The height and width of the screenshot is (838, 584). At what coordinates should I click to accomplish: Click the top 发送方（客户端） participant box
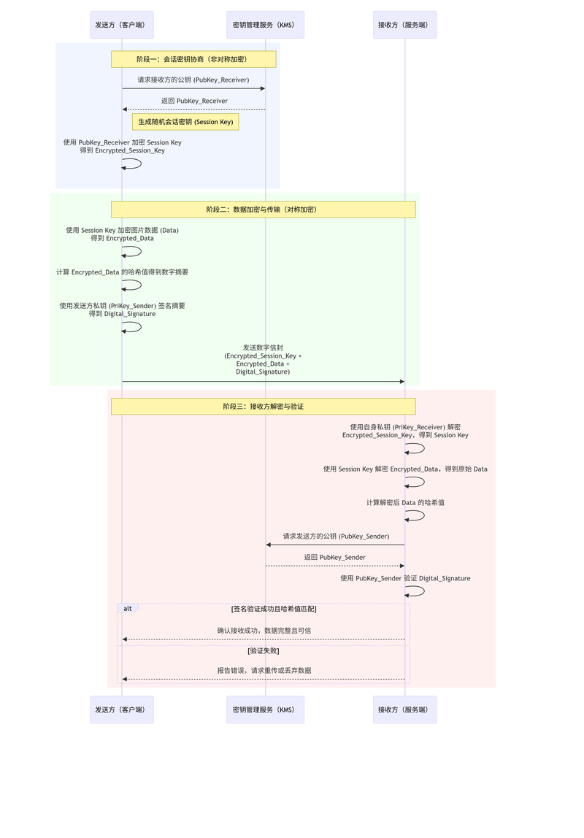pos(121,25)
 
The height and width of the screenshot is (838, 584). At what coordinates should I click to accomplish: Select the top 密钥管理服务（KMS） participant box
pos(265,25)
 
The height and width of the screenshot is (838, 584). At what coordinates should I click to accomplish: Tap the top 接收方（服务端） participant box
pos(404,25)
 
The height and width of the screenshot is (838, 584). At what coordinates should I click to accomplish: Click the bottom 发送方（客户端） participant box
pos(121,710)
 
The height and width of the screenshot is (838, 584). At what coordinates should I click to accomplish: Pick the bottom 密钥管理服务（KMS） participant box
pos(265,710)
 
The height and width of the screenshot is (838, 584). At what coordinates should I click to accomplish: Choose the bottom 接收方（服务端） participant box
pos(404,710)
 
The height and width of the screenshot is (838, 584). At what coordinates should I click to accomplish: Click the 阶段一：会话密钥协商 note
pos(193,59)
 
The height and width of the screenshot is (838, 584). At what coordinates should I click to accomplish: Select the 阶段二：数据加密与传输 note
pos(263,209)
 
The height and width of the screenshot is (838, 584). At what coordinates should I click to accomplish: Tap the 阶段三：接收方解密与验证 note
pos(263,407)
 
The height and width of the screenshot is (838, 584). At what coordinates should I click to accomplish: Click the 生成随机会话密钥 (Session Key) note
pos(185,122)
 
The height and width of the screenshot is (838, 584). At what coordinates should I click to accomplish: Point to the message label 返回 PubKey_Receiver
pos(194,101)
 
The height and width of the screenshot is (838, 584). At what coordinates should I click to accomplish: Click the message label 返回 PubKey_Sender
pos(335,558)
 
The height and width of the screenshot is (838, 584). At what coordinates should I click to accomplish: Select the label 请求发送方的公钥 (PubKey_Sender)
pos(336,537)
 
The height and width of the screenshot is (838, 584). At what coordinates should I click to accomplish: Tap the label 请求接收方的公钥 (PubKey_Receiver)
pos(193,80)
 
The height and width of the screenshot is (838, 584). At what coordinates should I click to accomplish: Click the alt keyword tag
pos(128,609)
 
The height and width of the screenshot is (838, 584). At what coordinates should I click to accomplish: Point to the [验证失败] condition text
pos(263,650)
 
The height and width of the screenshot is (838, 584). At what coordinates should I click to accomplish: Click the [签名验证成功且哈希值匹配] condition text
pos(274,609)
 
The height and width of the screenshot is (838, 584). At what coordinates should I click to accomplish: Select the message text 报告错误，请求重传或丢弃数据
pos(264,671)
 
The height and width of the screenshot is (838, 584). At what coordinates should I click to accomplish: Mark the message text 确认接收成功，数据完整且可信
pos(264,631)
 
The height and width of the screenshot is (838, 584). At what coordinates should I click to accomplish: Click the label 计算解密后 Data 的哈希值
pos(406,503)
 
